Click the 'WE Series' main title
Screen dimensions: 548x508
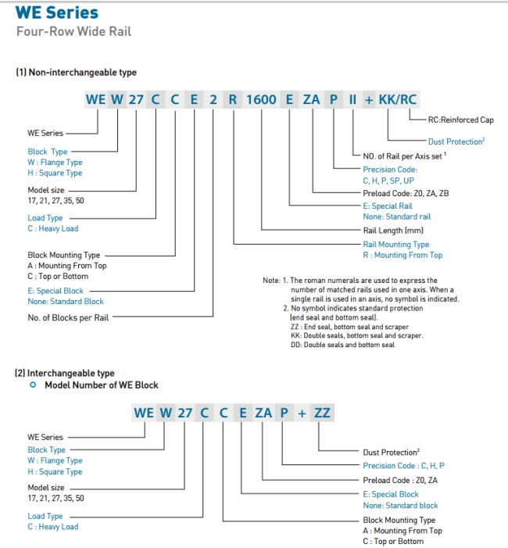(57, 13)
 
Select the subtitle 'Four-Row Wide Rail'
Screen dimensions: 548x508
(73, 32)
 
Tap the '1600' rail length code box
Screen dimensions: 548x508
(261, 100)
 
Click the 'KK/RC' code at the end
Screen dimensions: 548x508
(398, 100)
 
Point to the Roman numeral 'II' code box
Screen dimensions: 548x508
(352, 100)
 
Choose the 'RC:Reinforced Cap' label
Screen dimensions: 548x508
(461, 121)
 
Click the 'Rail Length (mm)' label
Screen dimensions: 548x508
(393, 231)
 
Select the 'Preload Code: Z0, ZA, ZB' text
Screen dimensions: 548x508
(406, 192)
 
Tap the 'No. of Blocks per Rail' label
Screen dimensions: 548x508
(67, 317)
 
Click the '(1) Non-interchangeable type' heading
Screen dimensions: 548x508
(76, 73)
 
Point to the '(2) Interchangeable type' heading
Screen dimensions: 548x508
(65, 373)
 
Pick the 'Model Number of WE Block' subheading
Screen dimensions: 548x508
(101, 385)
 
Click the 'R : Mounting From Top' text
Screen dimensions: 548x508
(402, 255)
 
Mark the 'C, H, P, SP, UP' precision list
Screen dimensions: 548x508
(388, 180)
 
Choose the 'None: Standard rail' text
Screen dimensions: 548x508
(397, 217)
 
